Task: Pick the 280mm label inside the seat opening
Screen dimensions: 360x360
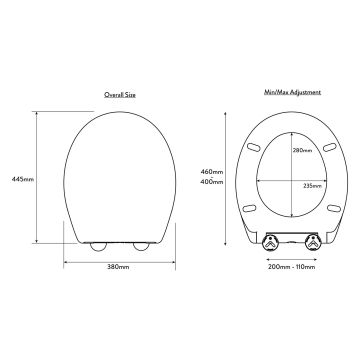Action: [x=303, y=150]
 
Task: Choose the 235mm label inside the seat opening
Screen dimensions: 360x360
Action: [x=312, y=185]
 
